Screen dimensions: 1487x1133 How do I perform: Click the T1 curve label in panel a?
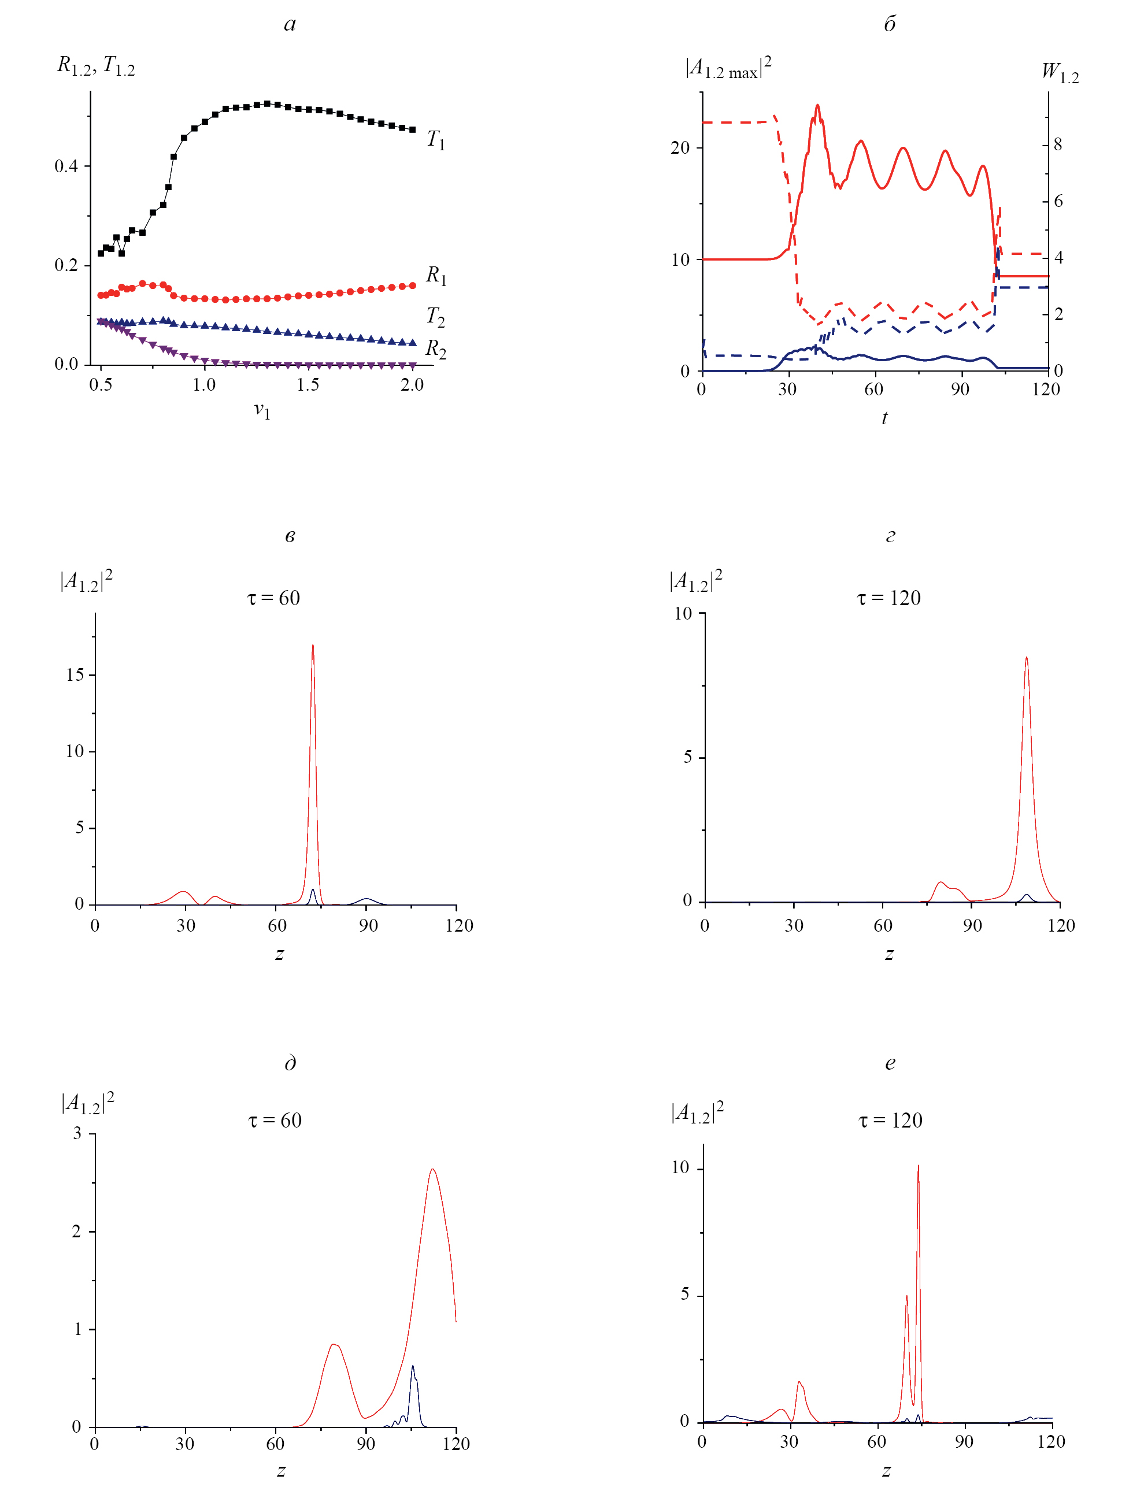(436, 140)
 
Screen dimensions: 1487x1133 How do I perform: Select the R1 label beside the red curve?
(436, 275)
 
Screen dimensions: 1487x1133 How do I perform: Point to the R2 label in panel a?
(436, 348)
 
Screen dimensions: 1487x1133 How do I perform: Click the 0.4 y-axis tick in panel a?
(66, 166)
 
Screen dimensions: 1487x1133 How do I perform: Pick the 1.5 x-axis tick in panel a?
(308, 385)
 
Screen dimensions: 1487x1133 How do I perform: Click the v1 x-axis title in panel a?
(262, 410)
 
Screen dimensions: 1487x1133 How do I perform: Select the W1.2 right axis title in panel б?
(1060, 72)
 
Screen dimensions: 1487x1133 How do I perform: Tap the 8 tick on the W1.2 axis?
(1057, 144)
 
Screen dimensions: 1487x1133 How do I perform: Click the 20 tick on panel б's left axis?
(680, 147)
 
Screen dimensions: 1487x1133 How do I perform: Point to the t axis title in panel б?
(884, 418)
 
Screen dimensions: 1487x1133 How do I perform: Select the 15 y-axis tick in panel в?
(75, 675)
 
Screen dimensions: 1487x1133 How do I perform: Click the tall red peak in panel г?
(1027, 659)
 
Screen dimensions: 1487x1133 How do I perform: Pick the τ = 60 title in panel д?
(275, 1120)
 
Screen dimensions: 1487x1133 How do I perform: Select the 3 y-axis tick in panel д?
(77, 1134)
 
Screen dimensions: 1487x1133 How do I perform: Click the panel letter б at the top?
(890, 24)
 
